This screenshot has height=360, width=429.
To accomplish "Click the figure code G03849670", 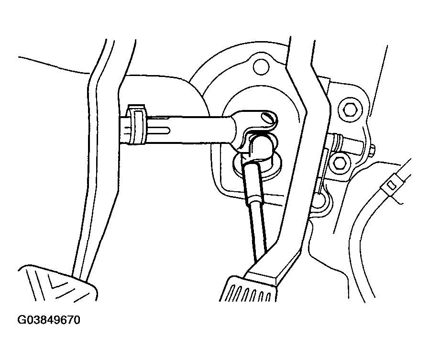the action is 49,320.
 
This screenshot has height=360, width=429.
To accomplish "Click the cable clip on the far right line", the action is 392,185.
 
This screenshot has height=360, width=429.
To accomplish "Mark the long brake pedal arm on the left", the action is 104,159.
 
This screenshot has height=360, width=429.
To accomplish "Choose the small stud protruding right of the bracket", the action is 372,151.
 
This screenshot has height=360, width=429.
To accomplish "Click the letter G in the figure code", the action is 22,320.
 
